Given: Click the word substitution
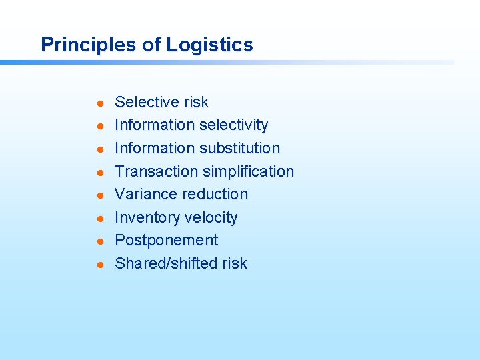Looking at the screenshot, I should (239, 148).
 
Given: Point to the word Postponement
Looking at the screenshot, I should (166, 240).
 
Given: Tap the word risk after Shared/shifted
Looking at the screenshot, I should (235, 263).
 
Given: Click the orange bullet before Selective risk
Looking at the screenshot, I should (98, 103).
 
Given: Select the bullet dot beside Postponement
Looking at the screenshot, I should (98, 241).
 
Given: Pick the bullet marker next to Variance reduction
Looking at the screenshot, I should (98, 195).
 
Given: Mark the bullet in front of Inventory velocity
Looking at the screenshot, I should (98, 219).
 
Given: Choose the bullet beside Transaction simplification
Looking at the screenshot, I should (98, 173).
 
